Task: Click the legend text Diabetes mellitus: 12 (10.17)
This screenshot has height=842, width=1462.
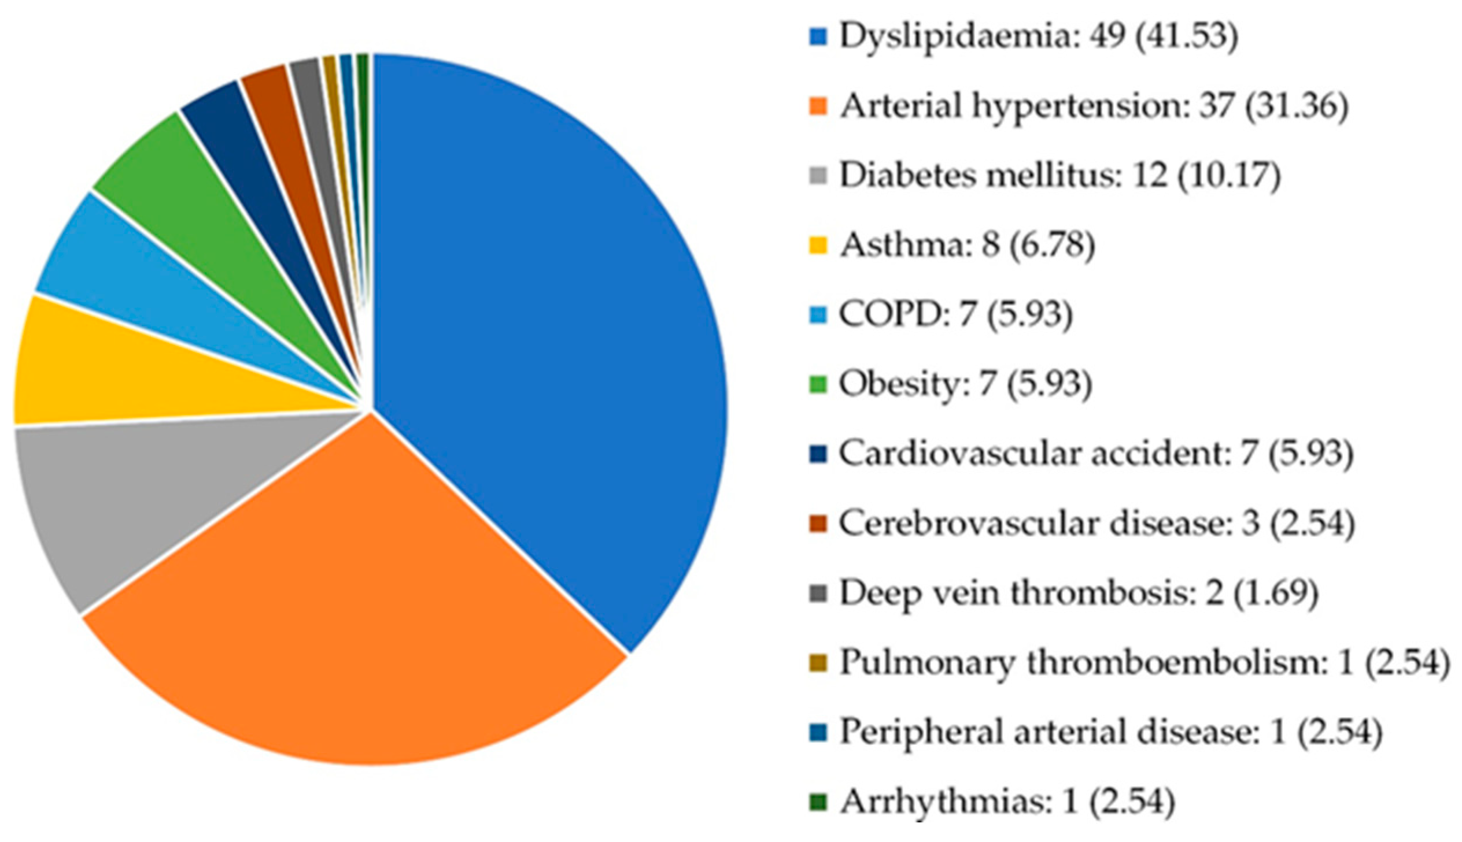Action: click(x=1059, y=176)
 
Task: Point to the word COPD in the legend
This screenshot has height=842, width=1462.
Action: click(x=892, y=314)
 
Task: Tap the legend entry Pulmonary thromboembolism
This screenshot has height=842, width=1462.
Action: click(x=1082, y=662)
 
